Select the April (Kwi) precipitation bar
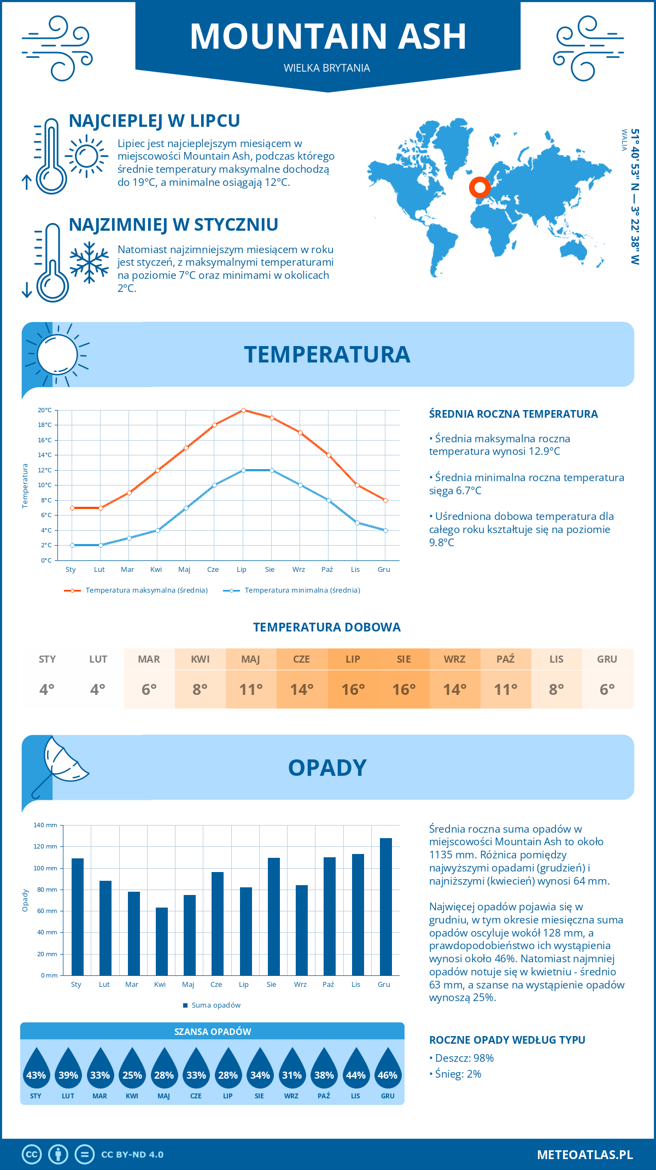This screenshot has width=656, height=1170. coord(162,941)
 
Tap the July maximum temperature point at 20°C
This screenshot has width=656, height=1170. coord(243,410)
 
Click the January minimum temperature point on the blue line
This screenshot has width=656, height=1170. coord(72,545)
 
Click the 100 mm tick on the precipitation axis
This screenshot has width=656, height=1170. coord(45,868)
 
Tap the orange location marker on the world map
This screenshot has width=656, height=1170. coord(479,188)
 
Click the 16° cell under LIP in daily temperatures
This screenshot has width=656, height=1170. coord(353,689)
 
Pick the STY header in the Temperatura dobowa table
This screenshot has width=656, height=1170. coord(47,659)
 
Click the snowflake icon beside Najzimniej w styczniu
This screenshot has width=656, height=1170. coord(89,262)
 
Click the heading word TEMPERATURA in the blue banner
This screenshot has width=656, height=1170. coord(327,354)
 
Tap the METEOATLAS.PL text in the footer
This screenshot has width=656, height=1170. coord(584,1154)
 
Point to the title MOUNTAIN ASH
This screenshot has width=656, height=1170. coord(328,37)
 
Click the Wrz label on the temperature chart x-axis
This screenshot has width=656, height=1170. coord(298,569)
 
